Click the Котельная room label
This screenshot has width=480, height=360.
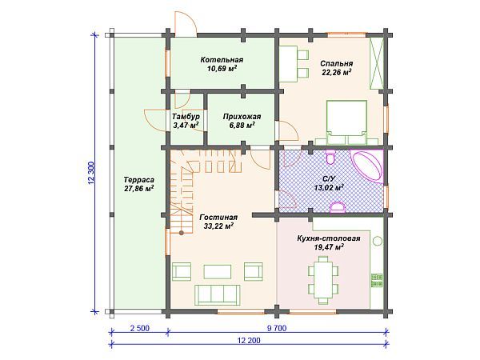(x=222, y=60)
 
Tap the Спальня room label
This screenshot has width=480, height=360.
(x=337, y=63)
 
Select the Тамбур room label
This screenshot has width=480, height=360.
(x=186, y=117)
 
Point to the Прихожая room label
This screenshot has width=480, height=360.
(x=242, y=117)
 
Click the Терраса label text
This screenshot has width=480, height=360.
(x=138, y=180)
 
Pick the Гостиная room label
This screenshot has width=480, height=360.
(x=218, y=218)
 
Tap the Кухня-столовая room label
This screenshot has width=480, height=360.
(x=329, y=238)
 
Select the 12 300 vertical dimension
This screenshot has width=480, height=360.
(x=91, y=174)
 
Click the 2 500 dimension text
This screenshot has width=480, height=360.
(x=140, y=329)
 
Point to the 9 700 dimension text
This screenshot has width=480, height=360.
(x=277, y=329)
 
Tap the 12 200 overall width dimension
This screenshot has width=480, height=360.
(x=249, y=341)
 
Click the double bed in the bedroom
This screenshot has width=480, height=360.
(x=347, y=122)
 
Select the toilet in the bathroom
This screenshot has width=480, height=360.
(x=330, y=157)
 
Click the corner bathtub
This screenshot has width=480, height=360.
(x=367, y=166)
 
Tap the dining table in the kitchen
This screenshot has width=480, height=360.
(x=323, y=279)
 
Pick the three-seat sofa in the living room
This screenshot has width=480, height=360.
(x=218, y=294)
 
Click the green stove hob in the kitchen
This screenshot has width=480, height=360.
(x=377, y=280)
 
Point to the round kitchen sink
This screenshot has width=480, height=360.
(x=377, y=241)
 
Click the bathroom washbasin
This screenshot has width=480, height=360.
(x=338, y=206)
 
